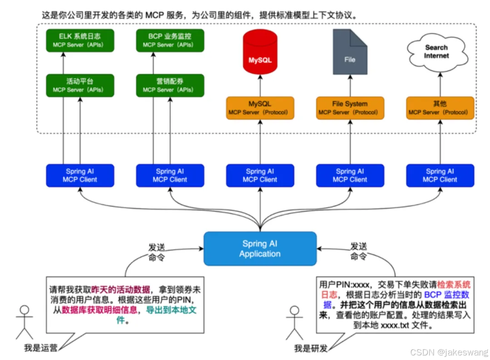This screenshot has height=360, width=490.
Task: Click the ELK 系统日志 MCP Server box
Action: [80, 40]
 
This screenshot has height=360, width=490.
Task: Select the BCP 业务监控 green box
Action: [170, 40]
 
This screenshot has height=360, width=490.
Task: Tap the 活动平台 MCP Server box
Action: [80, 85]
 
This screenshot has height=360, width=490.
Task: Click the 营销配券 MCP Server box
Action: [170, 85]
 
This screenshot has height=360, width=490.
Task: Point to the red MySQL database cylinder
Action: [260, 53]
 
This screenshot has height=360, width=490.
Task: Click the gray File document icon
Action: [350, 52]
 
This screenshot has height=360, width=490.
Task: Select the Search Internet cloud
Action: [436, 52]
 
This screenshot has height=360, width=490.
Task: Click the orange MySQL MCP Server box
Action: [260, 108]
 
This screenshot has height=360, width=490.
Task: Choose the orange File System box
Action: [350, 108]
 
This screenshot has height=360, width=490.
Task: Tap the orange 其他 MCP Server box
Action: [440, 108]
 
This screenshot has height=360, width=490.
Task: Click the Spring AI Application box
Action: [260, 249]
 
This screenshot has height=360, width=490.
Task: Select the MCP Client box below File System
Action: [350, 175]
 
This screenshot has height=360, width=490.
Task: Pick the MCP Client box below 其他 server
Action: [440, 175]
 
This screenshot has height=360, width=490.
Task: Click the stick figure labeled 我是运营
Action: [24, 322]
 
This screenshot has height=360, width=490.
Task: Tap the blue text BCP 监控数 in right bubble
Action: [446, 295]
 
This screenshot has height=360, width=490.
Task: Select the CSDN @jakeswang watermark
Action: [449, 352]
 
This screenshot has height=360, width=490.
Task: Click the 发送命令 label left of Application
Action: [156, 251]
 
